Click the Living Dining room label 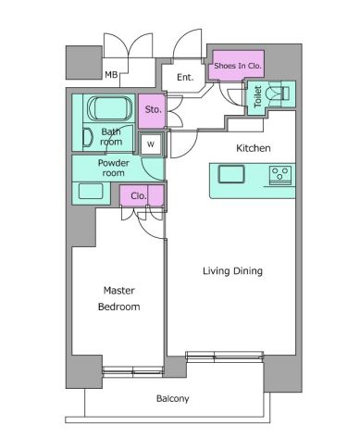pos(232,271)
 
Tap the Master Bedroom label pos(119,298)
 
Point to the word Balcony pos(172,398)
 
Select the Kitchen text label pos(254,148)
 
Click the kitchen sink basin pos(231,174)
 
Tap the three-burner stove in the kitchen pos(280,175)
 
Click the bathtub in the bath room pos(109,108)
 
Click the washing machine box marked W pos(151,144)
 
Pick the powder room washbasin pos(91,192)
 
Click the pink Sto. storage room pos(152,111)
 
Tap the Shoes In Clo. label pos(238,66)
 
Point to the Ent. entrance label pos(185,77)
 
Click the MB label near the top pos(111,75)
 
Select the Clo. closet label pos(139,195)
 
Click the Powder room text pos(113,168)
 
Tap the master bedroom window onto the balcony pos(132,370)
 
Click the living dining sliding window pos(225,356)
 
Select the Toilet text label pos(257,96)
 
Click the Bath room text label pos(111,137)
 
